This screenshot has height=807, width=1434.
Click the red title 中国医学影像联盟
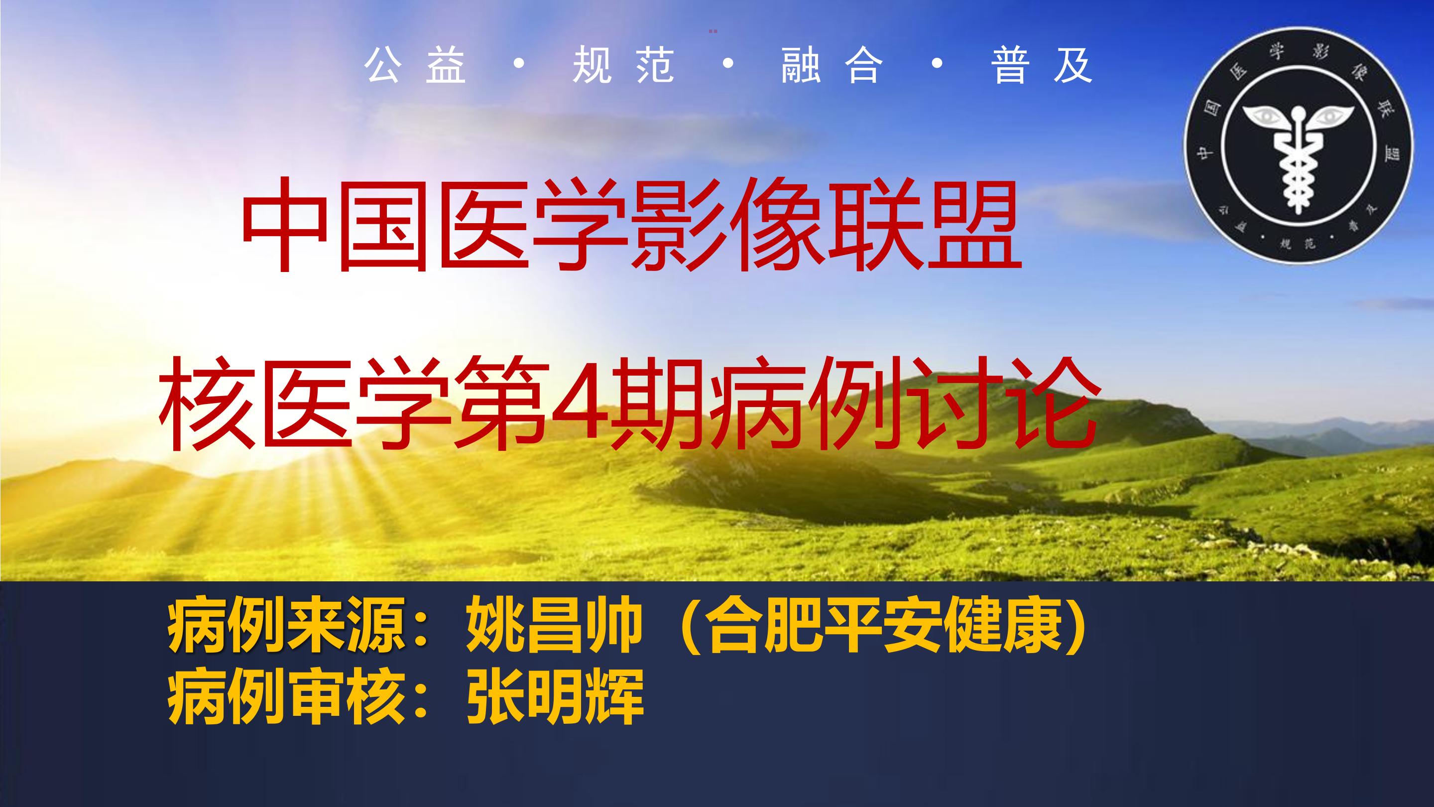click(632, 225)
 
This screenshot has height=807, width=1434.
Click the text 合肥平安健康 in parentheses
click(882, 637)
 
